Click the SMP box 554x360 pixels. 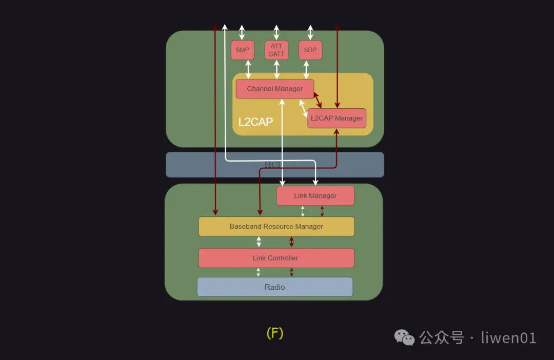pyautogui.click(x=243, y=50)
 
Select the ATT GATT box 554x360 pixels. pyautogui.click(x=276, y=50)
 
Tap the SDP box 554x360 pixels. pyautogui.click(x=310, y=50)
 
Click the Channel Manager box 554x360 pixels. pyautogui.click(x=274, y=89)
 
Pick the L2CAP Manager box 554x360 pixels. pyautogui.click(x=337, y=118)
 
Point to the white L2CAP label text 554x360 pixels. pyautogui.click(x=255, y=123)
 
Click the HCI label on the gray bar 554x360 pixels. pyautogui.click(x=271, y=165)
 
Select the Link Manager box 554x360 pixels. pyautogui.click(x=315, y=196)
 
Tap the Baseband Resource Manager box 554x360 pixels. pyautogui.click(x=276, y=226)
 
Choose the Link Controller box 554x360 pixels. pyautogui.click(x=276, y=258)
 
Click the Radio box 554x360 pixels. pyautogui.click(x=275, y=287)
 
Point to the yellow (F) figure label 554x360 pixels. pyautogui.click(x=275, y=333)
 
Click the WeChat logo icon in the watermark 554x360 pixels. pyautogui.click(x=404, y=337)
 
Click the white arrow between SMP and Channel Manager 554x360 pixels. pyautogui.click(x=248, y=69)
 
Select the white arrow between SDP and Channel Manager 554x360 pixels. pyautogui.click(x=307, y=69)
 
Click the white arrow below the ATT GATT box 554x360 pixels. pyautogui.click(x=277, y=69)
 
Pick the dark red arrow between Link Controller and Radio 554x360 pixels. pyautogui.click(x=292, y=272)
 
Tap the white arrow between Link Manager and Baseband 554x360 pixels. pyautogui.click(x=303, y=211)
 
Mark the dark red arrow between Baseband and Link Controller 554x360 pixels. pyautogui.click(x=291, y=242)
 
